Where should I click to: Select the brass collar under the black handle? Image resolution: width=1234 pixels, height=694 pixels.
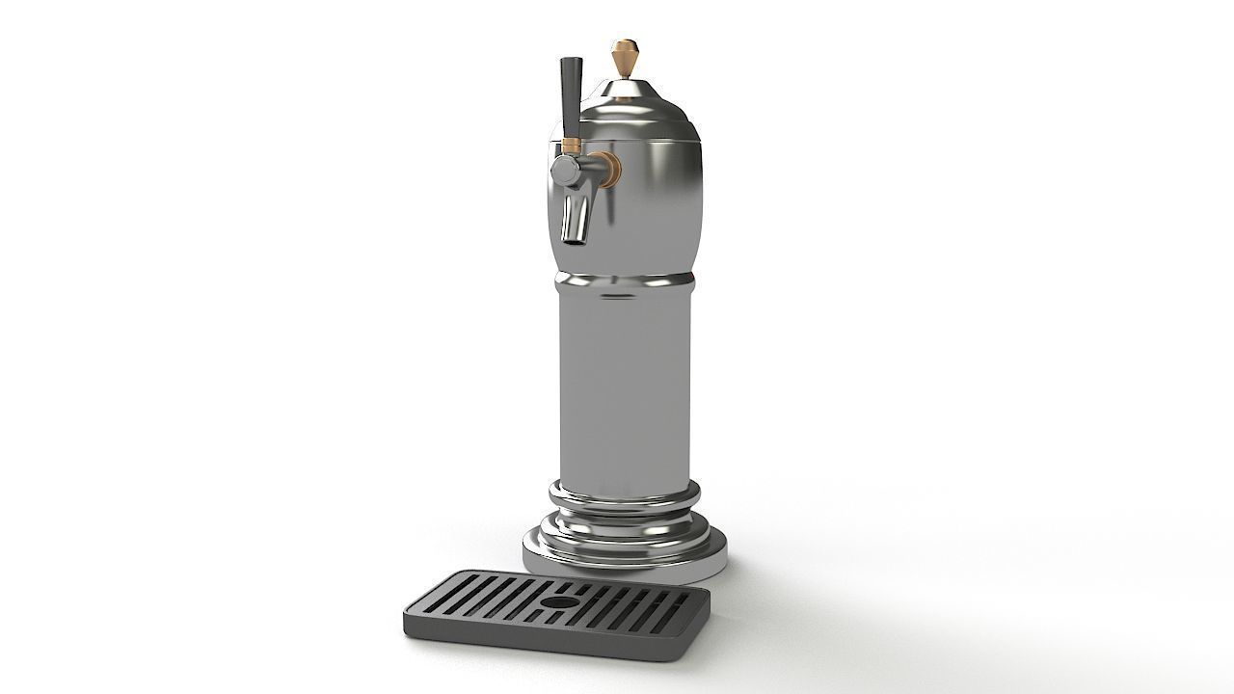pyautogui.click(x=571, y=146)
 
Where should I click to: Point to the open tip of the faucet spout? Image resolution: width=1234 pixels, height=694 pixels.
pyautogui.click(x=574, y=237)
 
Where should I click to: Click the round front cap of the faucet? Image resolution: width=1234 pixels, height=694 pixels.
pyautogui.click(x=563, y=171)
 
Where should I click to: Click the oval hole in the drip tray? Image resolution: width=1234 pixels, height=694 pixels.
pyautogui.click(x=556, y=601)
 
